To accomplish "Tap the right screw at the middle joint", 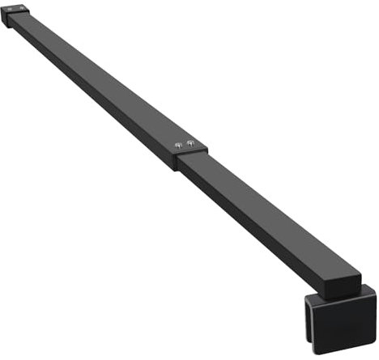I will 191,143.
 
